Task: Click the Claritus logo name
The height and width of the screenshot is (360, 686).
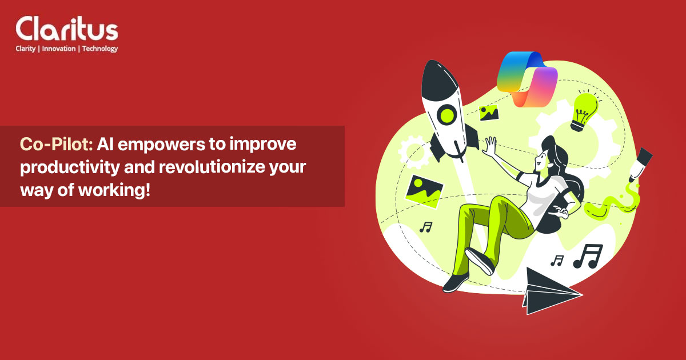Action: click(67, 29)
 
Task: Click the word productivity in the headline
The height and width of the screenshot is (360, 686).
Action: click(64, 167)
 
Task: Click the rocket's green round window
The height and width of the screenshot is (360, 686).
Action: click(446, 114)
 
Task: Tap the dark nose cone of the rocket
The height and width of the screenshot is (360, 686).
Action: click(436, 77)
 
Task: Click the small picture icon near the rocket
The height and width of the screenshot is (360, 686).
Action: click(490, 113)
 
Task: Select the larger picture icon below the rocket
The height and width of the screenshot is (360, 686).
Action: click(424, 189)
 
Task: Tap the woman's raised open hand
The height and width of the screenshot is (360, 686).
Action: click(490, 146)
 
